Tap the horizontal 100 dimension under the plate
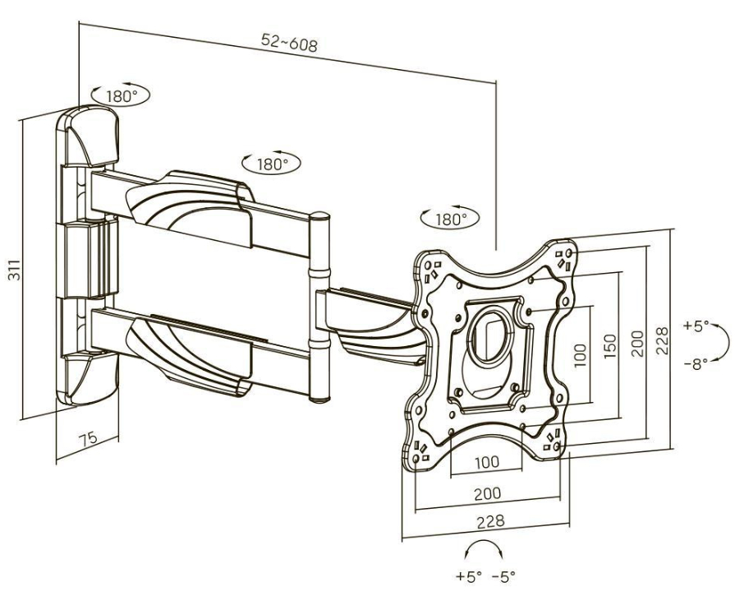[x=486, y=462]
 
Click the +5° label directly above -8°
[x=694, y=326]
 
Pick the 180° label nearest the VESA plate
[x=449, y=219]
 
